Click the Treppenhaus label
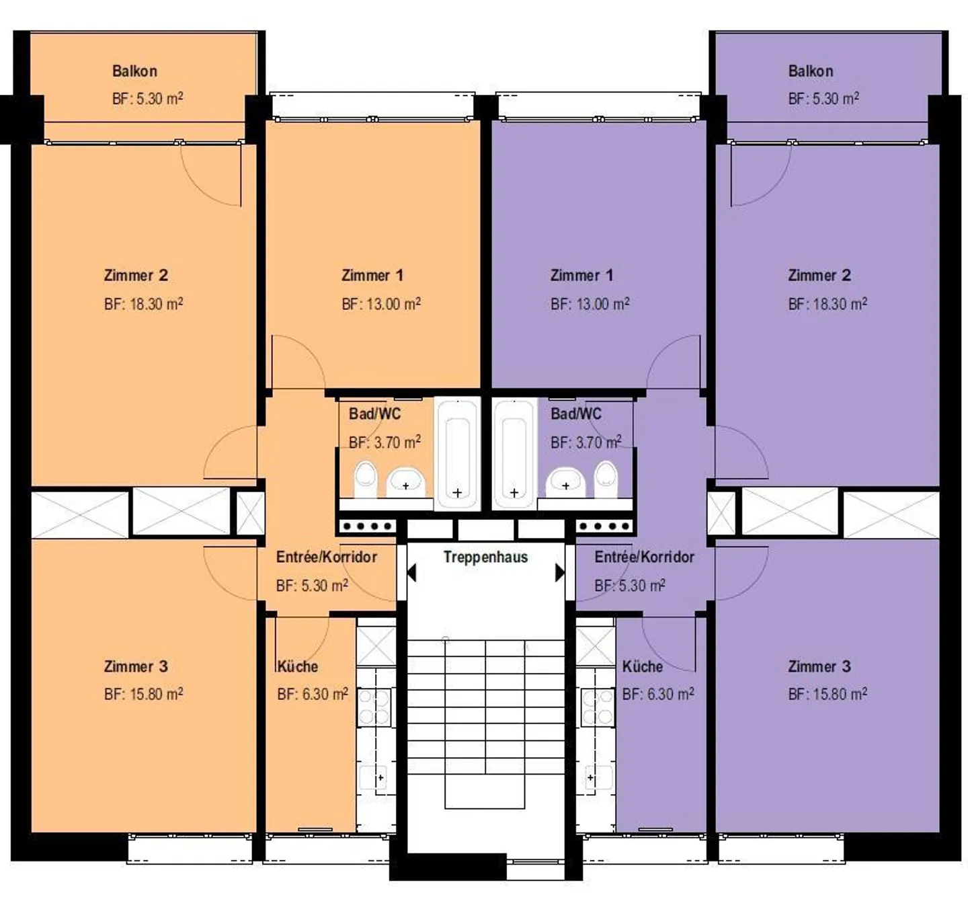point(485,557)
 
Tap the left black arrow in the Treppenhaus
point(411,573)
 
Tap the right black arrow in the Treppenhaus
point(559,573)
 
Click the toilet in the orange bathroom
point(365,478)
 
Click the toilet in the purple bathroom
point(606,478)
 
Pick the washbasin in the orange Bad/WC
point(405,482)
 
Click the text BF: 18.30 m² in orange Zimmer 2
point(143,304)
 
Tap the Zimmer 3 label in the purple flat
point(819,667)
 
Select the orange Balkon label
point(134,71)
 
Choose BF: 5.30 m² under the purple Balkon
point(823,99)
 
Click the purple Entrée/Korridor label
point(644,557)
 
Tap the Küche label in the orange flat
point(297,667)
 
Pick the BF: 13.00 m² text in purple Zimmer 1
point(590,304)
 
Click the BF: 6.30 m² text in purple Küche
point(657,694)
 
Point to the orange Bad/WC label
point(374,414)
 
